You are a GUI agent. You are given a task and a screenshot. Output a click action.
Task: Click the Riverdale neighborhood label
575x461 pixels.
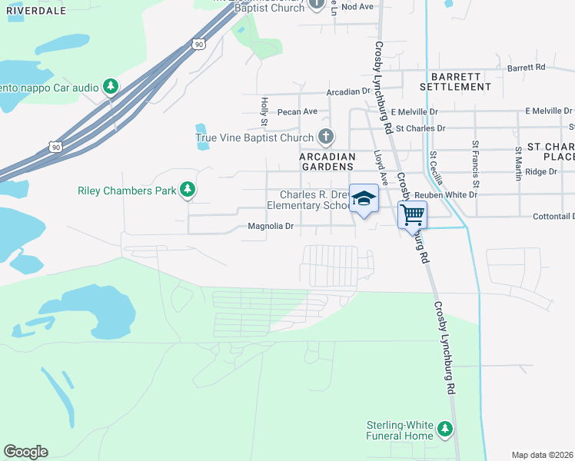coord(36,11)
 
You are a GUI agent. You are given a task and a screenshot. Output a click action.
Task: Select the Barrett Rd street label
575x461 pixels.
coord(527,68)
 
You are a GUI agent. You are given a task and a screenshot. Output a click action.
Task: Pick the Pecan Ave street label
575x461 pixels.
coord(297,111)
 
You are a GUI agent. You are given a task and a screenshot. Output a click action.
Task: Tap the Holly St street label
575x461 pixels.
coord(263,112)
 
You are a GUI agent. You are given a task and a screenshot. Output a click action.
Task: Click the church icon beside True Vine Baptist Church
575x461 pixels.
coord(326,138)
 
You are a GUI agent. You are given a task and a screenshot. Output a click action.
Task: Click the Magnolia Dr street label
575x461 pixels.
coord(271,227)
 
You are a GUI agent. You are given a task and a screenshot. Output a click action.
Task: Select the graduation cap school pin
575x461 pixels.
coord(364,199)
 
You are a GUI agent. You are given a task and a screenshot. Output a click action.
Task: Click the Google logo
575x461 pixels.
coord(25,452)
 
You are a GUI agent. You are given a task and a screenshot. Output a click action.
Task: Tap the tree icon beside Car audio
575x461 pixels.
coord(111,87)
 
